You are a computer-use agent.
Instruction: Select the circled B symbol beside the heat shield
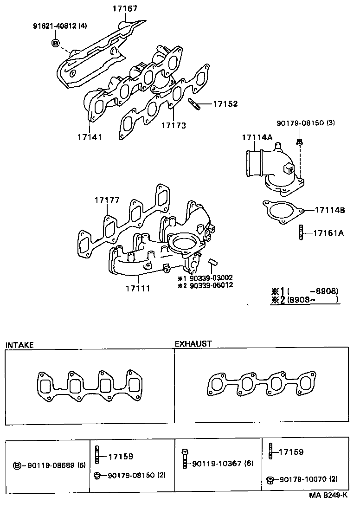coord(56,43)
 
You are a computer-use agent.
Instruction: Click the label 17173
coord(174,125)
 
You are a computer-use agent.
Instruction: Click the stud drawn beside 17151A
coord(302,232)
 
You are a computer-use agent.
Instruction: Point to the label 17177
coord(107,200)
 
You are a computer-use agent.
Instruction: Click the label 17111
coord(137,289)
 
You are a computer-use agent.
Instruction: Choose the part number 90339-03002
coord(211,277)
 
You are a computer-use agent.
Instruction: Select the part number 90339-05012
coord(211,285)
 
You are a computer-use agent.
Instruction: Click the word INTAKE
coord(19,345)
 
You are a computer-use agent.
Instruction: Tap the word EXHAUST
coord(193,344)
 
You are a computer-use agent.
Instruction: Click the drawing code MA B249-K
coord(328,508)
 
